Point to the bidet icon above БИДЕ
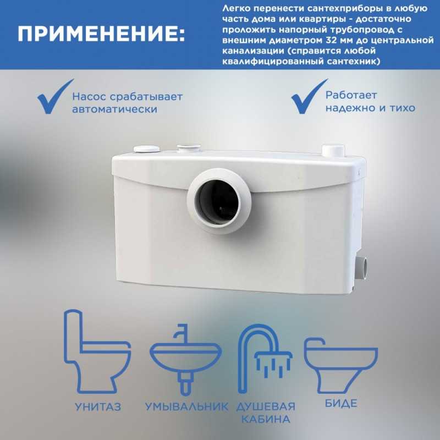click(x=340, y=365)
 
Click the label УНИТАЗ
click(x=98, y=407)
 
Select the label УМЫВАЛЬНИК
click(x=186, y=407)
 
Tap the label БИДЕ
click(x=341, y=403)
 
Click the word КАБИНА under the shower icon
click(x=266, y=419)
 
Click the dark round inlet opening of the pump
click(x=217, y=201)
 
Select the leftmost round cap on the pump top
click(x=146, y=148)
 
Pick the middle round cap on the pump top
click(x=189, y=147)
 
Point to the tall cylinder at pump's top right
click(x=333, y=150)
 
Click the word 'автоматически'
click(x=114, y=109)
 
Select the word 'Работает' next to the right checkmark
click(x=351, y=95)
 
